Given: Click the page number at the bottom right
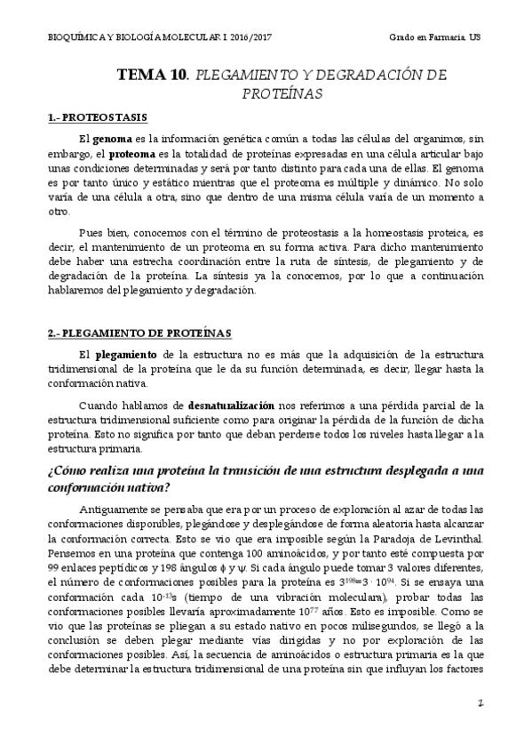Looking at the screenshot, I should (x=479, y=728).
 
